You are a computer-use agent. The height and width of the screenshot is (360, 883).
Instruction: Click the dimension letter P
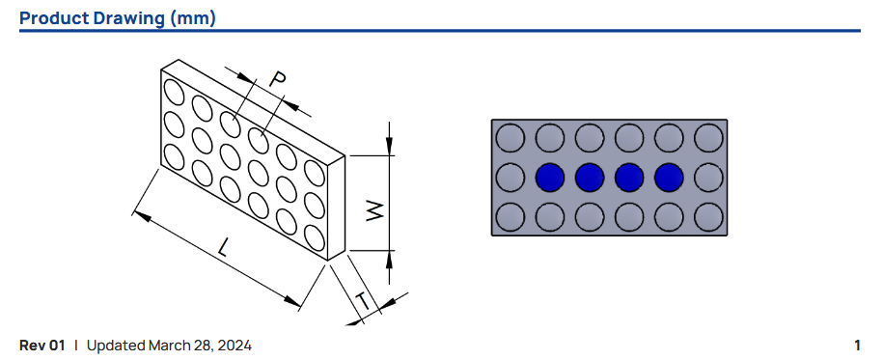[x=276, y=80]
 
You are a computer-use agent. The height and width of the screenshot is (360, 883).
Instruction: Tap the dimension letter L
[x=224, y=247]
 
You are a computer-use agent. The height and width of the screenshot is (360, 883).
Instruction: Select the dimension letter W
[x=374, y=211]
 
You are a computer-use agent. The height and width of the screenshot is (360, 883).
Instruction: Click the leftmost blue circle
[x=550, y=178]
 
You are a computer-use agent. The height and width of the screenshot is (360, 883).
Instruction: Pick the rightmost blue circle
[x=669, y=178]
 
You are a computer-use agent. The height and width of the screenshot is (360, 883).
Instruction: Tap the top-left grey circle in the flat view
[x=510, y=138]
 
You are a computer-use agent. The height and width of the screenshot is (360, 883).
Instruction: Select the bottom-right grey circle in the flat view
[x=708, y=217]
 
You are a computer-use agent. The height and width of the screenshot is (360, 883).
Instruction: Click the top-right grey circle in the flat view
[x=708, y=138]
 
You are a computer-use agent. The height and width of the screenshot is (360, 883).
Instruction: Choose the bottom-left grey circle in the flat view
[x=510, y=217]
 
